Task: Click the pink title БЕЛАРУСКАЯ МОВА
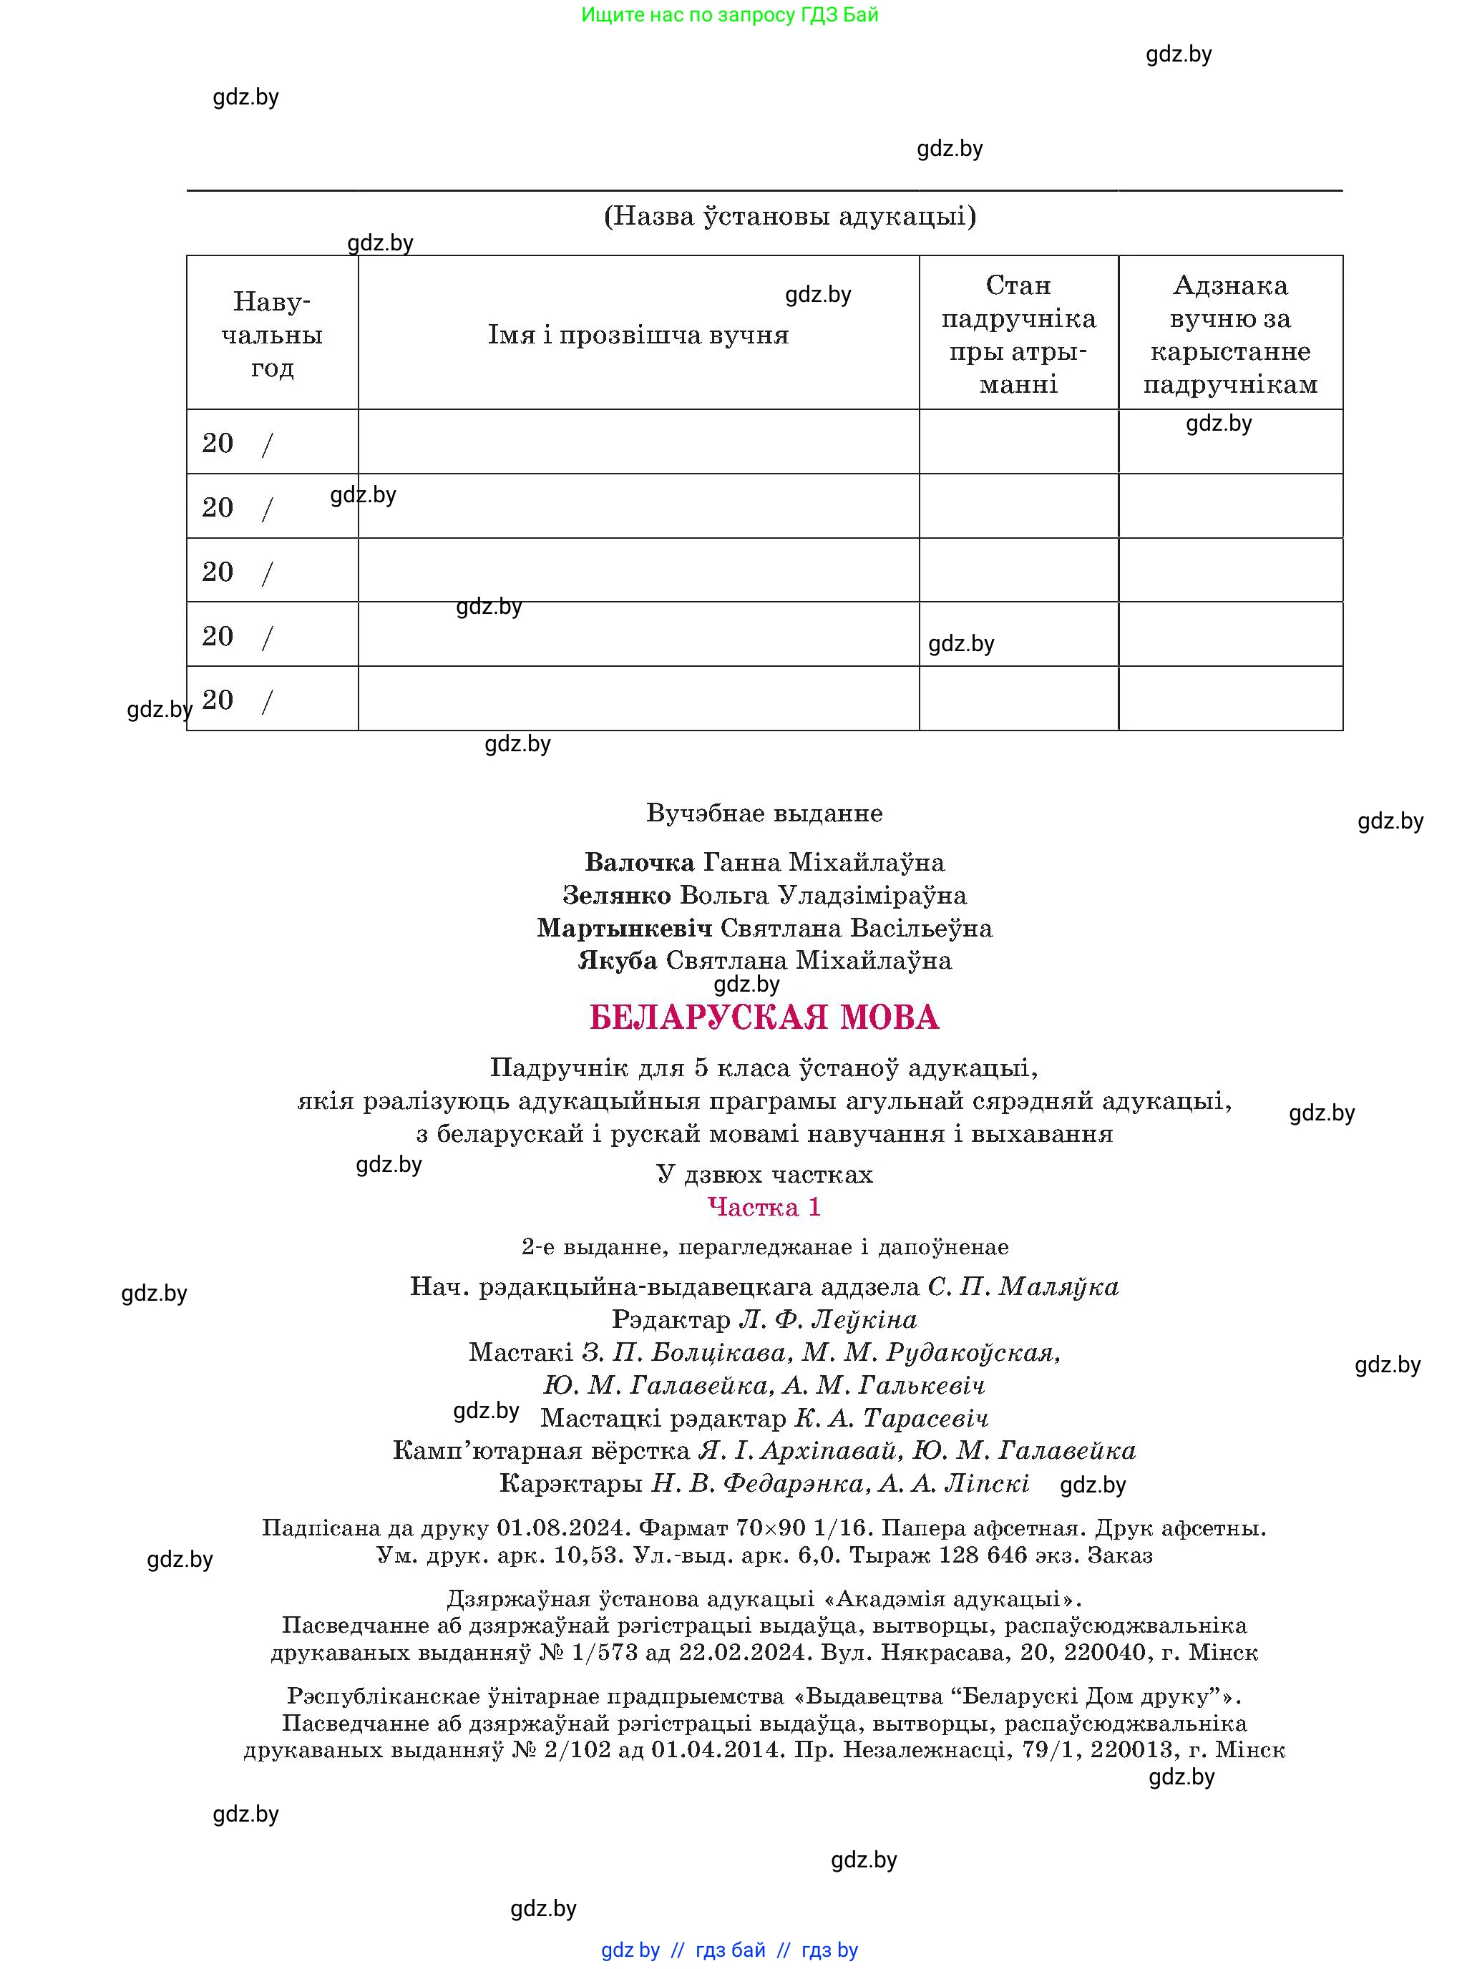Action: pyautogui.click(x=764, y=1017)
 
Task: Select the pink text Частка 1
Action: pyautogui.click(x=764, y=1207)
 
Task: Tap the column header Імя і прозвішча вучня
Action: pyautogui.click(x=638, y=335)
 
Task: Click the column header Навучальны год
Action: pyautogui.click(x=272, y=335)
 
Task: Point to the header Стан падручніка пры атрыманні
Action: pyautogui.click(x=1018, y=335)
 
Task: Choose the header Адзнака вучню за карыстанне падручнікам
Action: pyautogui.click(x=1230, y=335)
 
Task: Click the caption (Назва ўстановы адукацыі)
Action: pyautogui.click(x=789, y=216)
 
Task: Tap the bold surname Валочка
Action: pyautogui.click(x=640, y=862)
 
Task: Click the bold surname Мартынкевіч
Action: pyautogui.click(x=624, y=927)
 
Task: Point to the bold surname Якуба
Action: pyautogui.click(x=618, y=960)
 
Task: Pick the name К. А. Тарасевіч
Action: pyautogui.click(x=891, y=1417)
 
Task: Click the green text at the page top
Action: pyautogui.click(x=730, y=15)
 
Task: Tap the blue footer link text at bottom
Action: pyautogui.click(x=729, y=1950)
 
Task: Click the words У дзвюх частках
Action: pyautogui.click(x=764, y=1174)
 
